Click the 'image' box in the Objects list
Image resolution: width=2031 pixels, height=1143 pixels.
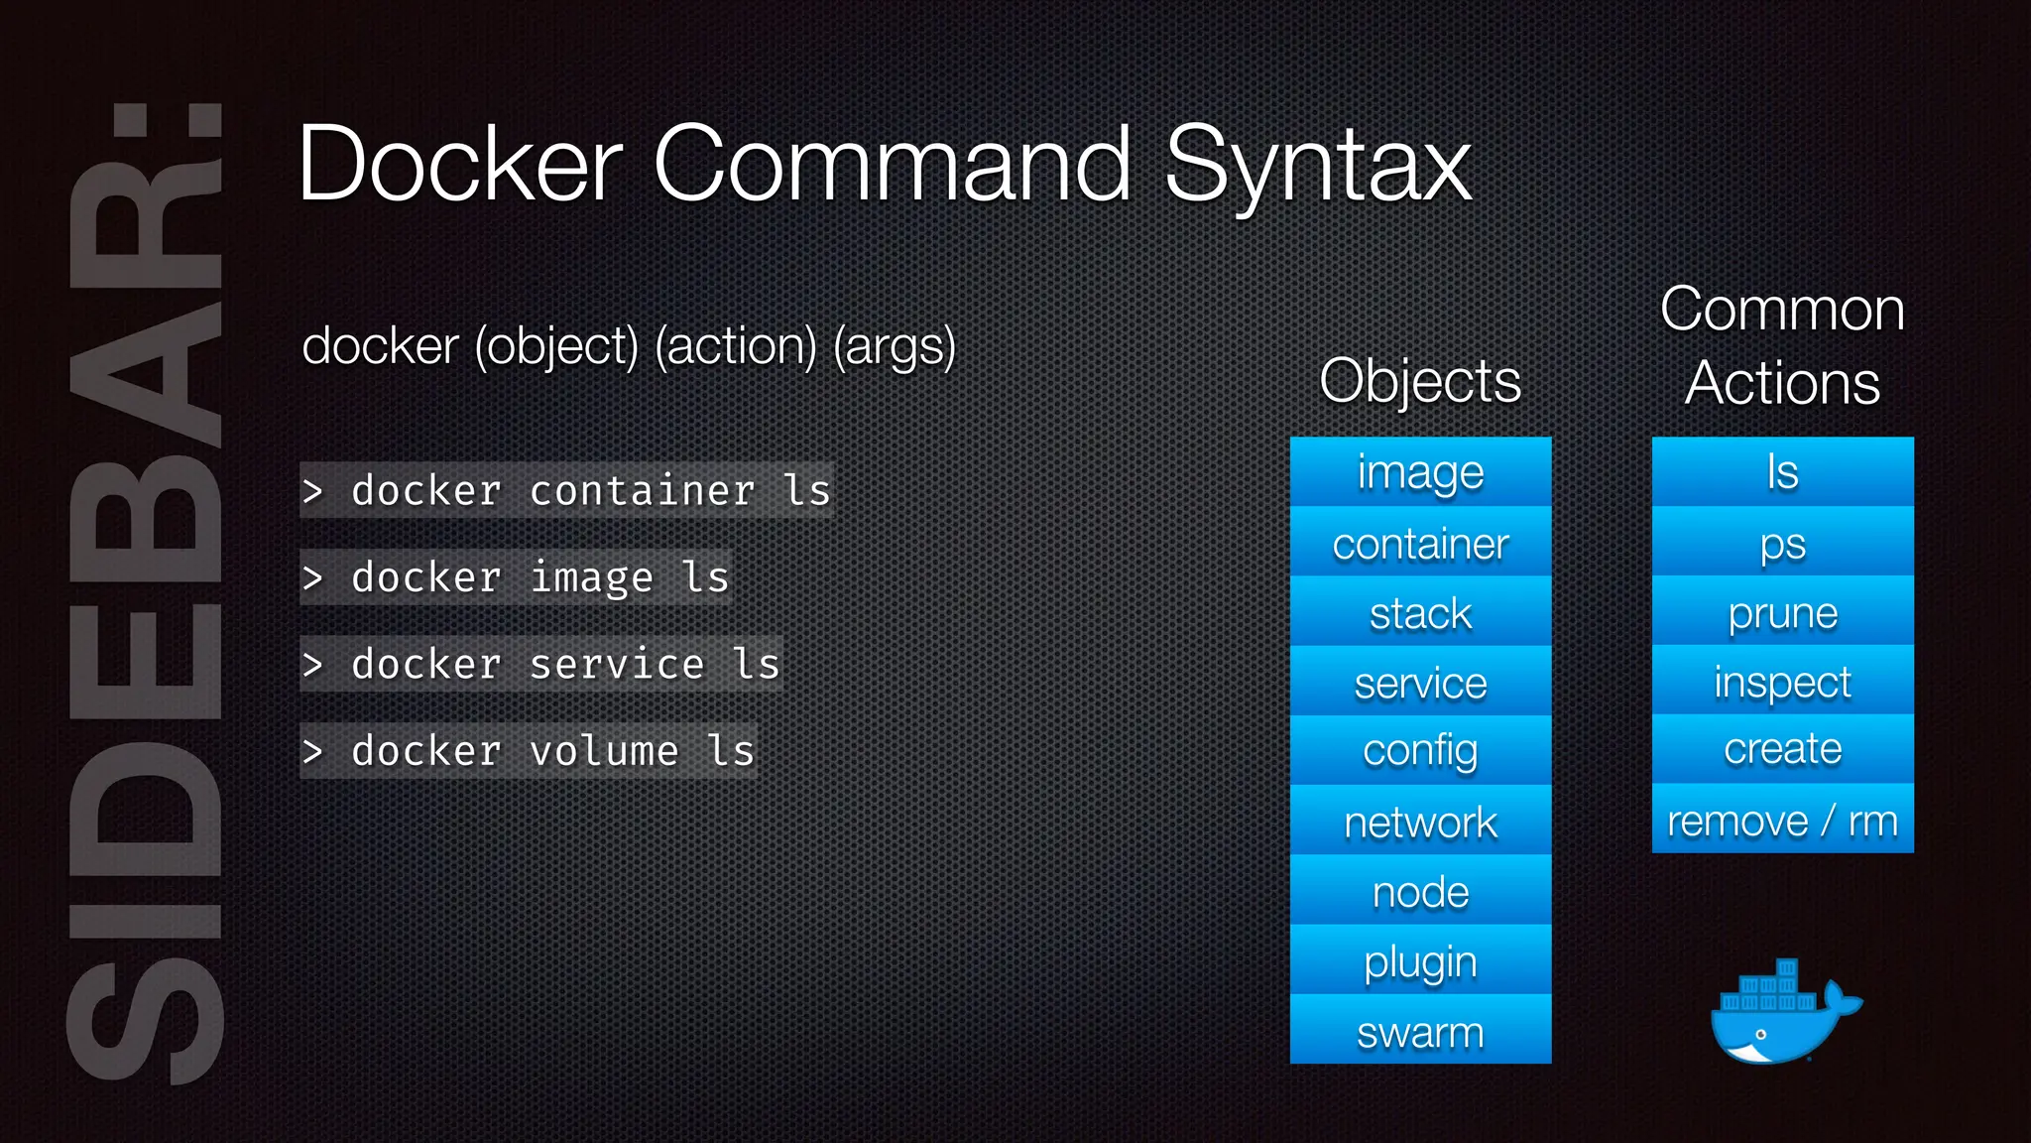tap(1420, 472)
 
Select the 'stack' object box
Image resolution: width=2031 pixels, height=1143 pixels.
tap(1420, 612)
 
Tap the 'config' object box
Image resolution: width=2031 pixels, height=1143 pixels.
tap(1420, 751)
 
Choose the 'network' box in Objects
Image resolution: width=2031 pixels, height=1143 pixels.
tap(1420, 822)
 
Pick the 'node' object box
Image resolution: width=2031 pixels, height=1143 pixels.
tap(1420, 891)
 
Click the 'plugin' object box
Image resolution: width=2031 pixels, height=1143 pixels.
tap(1420, 960)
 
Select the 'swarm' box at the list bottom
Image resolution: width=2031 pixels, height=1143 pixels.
tap(1420, 1031)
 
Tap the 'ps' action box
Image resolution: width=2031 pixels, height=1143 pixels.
tap(1782, 543)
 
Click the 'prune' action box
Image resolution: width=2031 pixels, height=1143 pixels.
tap(1782, 612)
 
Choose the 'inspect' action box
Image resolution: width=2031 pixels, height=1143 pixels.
tap(1782, 682)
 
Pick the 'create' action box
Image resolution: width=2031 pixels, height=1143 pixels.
tap(1782, 749)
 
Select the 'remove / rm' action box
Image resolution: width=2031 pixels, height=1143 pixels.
tap(1782, 821)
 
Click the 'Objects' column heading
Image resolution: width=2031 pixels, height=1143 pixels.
tap(1420, 380)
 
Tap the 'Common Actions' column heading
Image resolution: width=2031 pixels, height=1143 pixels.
tap(1782, 345)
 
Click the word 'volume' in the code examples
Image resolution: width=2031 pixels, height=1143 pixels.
tap(604, 751)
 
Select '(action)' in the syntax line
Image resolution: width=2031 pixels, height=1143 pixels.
tap(736, 346)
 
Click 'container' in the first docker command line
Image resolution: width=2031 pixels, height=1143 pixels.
tap(642, 491)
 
